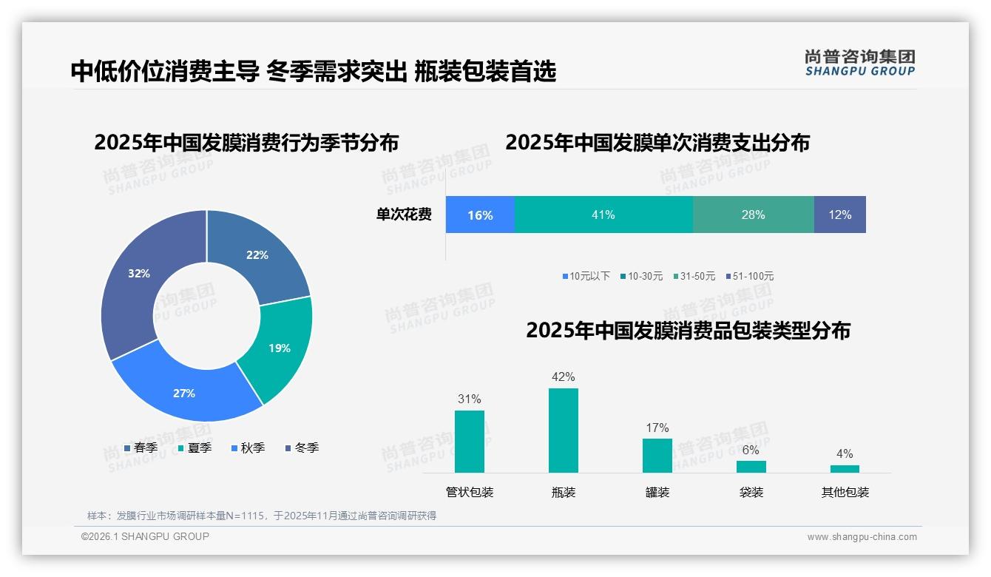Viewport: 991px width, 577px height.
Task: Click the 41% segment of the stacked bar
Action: [x=603, y=215]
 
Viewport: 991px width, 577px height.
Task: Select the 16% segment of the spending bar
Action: [x=480, y=215]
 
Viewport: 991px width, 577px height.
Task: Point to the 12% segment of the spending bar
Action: [x=839, y=215]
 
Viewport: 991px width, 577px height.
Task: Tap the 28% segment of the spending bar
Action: [x=753, y=215]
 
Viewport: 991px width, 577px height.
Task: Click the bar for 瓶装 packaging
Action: [x=564, y=431]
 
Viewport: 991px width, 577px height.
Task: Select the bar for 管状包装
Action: [x=470, y=442]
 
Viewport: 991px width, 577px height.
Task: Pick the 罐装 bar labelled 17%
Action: [x=657, y=456]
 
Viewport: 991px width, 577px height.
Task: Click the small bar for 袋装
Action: [x=751, y=467]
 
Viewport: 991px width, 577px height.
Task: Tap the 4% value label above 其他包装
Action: [x=845, y=454]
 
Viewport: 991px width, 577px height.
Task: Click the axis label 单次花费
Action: [x=404, y=215]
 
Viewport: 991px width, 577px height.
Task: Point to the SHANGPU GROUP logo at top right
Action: [x=859, y=62]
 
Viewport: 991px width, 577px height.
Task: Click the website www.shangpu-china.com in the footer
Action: [x=862, y=537]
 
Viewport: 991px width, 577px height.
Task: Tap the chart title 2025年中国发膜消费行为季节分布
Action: [x=246, y=143]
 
